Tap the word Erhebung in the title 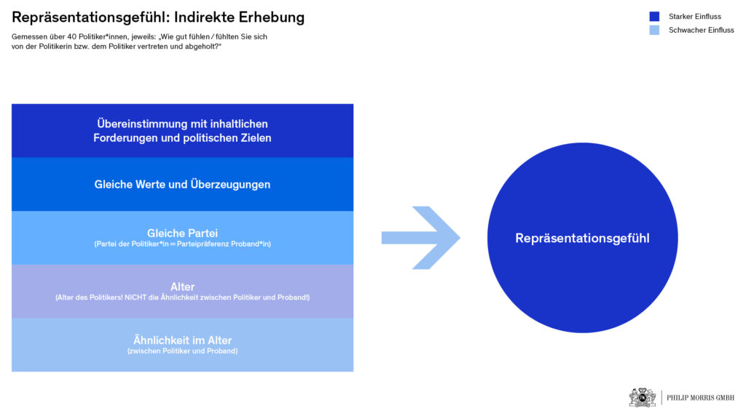click(272, 17)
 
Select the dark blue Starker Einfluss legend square click(655, 17)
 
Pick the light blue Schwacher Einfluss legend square click(655, 30)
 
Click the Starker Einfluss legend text click(694, 17)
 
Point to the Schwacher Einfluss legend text click(702, 30)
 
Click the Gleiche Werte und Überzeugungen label click(182, 184)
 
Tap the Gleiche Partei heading click(182, 234)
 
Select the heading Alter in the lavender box click(183, 287)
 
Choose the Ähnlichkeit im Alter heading click(182, 340)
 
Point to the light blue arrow click(420, 238)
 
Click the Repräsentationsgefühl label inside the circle click(582, 238)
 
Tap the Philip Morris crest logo click(643, 397)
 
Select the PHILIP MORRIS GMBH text click(700, 398)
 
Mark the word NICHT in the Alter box click(135, 298)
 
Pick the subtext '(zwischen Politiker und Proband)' click(182, 351)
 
